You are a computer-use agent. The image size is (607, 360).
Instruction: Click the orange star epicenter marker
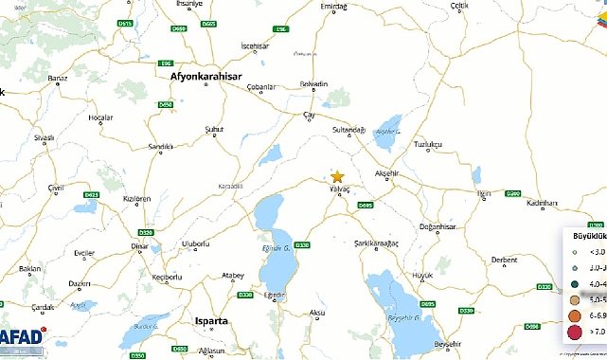337,176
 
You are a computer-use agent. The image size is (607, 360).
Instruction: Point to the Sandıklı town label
161,147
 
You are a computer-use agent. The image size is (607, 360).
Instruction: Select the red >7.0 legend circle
574,332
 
